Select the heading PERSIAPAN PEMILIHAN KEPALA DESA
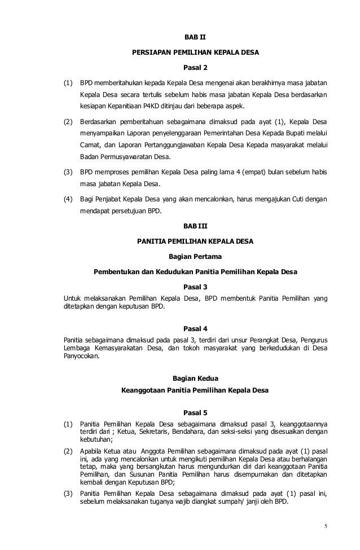[x=195, y=53]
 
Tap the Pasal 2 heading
[x=195, y=68]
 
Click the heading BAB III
[x=195, y=226]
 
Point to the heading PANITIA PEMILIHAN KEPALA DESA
[x=195, y=241]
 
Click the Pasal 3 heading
[x=195, y=287]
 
